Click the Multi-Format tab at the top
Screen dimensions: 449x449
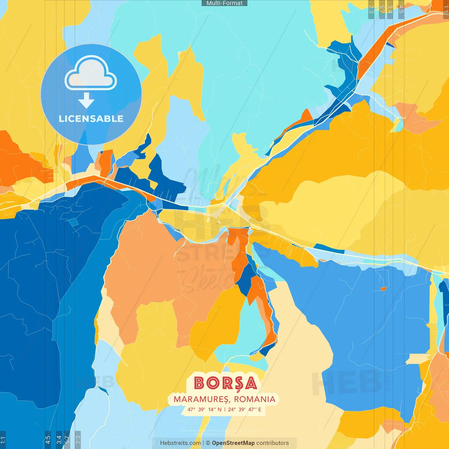coord(224,3)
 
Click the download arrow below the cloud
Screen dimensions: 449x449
coord(86,101)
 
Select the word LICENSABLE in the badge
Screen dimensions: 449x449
coord(91,119)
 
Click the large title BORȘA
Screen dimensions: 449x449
coord(225,383)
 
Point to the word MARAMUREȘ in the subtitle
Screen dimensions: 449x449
coord(201,399)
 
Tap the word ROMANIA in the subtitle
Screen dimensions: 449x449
coord(255,399)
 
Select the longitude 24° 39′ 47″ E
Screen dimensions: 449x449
coord(244,409)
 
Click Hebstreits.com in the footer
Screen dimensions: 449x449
coord(180,443)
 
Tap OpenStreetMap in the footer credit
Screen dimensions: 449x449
coord(233,443)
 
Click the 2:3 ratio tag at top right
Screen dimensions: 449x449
coord(371,9)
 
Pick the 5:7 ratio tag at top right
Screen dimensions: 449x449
coord(382,9)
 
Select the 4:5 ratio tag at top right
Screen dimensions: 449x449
coord(401,9)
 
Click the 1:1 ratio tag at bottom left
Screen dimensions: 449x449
coord(3,440)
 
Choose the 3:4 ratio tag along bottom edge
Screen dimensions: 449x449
coord(59,440)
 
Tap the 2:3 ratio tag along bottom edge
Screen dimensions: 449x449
coord(78,440)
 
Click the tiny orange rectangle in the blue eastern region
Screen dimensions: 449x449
coord(383,289)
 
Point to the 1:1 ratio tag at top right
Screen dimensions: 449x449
coord(446,9)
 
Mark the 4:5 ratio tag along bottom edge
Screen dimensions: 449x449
coord(48,440)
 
